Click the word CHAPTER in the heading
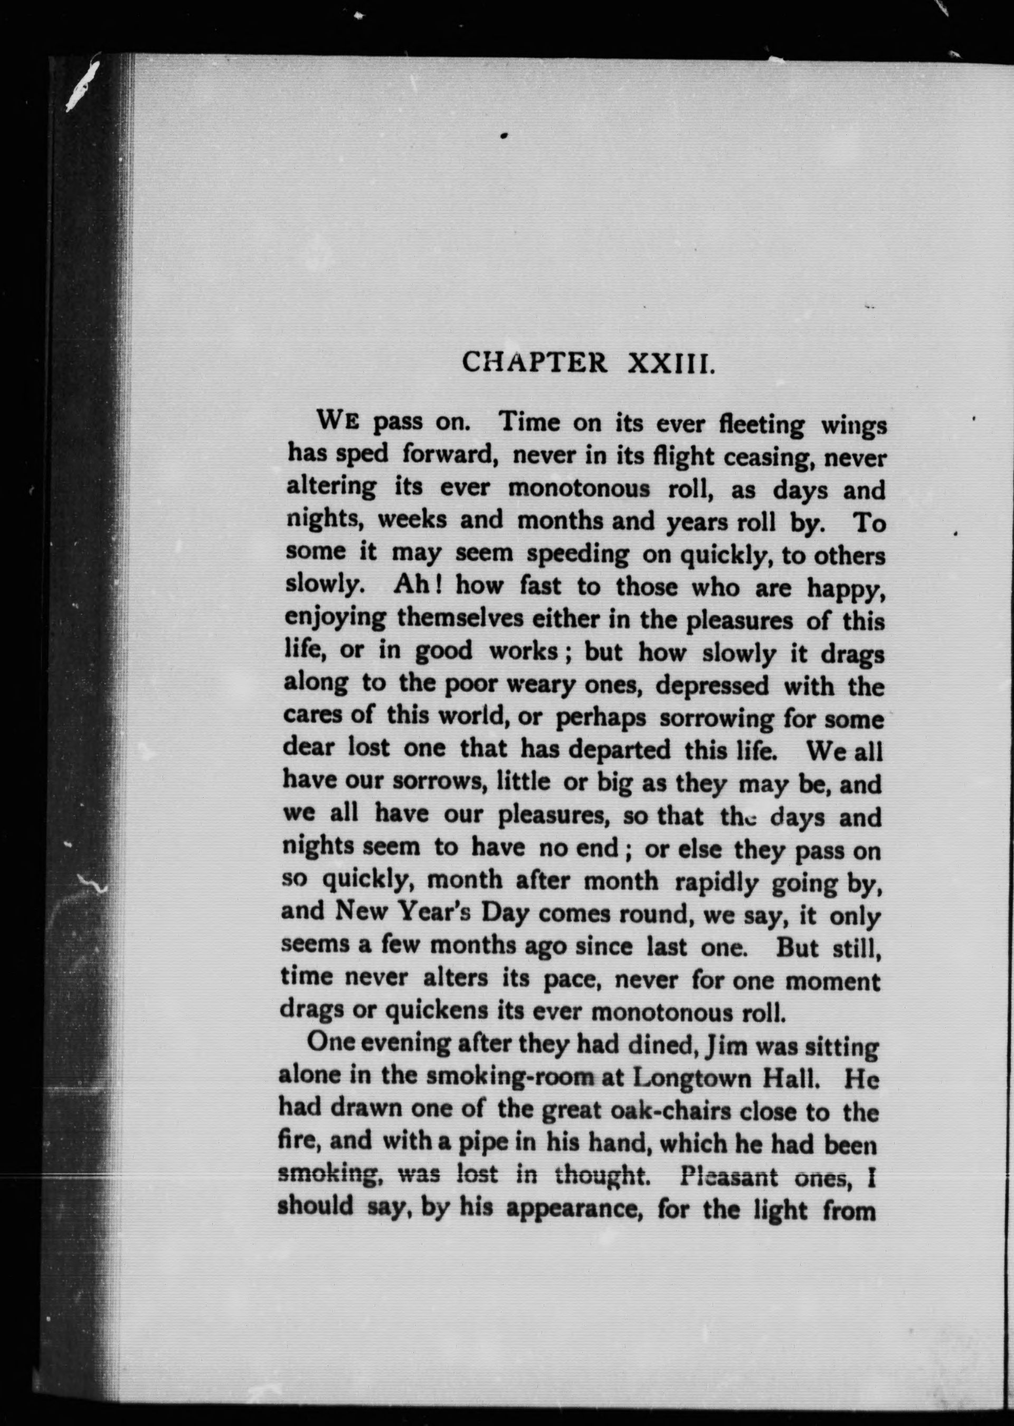pos(533,363)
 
